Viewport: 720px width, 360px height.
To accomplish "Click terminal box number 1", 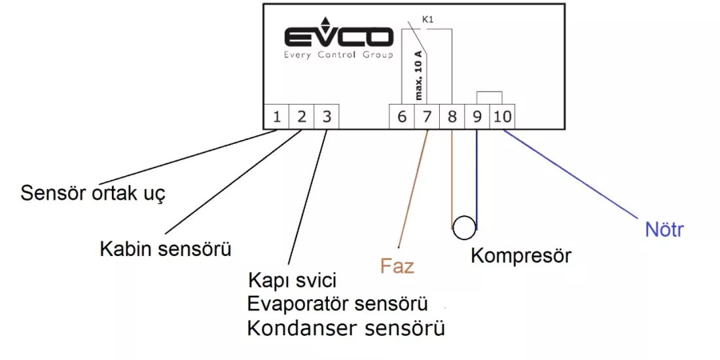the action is point(277,117).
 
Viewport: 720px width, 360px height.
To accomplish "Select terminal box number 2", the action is point(302,117).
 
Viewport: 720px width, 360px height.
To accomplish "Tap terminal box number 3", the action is point(327,117).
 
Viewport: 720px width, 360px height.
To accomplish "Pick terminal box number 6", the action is point(403,117).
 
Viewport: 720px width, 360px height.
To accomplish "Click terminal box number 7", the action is point(427,117).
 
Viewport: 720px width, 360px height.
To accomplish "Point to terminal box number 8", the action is point(452,117).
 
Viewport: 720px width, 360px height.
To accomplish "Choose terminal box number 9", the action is point(477,117).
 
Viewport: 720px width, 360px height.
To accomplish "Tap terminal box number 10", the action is point(502,117).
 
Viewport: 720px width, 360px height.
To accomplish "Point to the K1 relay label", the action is point(427,20).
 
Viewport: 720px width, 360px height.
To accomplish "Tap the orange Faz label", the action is point(397,266).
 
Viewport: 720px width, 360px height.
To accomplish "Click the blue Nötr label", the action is point(664,230).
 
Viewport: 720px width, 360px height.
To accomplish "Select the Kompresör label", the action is point(521,255).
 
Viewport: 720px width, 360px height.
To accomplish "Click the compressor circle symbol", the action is point(464,227).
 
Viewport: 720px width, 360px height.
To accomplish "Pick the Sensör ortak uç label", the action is point(92,193).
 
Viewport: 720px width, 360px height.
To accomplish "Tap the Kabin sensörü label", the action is point(166,250).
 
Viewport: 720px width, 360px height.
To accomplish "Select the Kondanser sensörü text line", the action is point(346,329).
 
